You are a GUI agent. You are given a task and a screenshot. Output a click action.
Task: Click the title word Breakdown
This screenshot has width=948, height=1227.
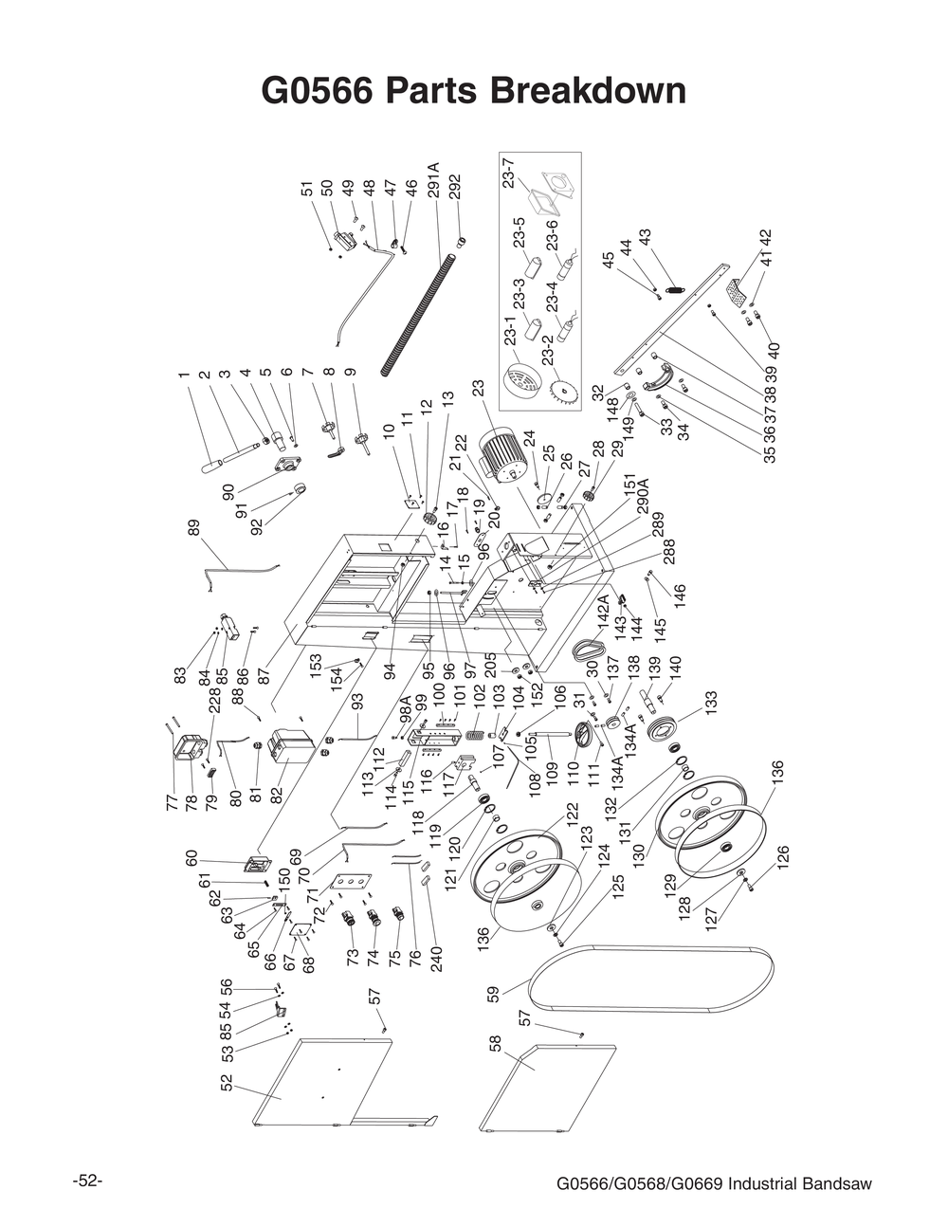pos(589,91)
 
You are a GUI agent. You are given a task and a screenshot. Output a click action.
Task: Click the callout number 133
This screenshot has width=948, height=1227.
pos(711,703)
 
